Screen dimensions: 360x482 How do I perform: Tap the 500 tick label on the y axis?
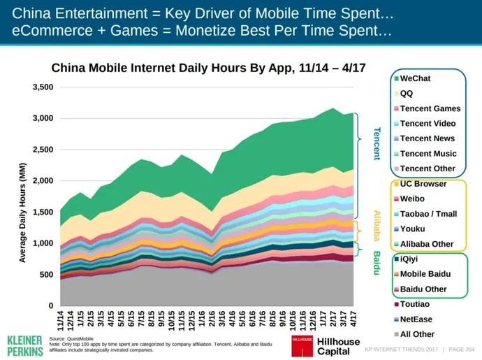pos(46,274)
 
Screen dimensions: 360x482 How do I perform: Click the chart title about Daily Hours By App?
pos(208,69)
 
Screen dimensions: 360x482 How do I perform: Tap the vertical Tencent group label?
pos(376,143)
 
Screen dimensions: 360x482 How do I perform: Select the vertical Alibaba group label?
pos(376,226)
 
